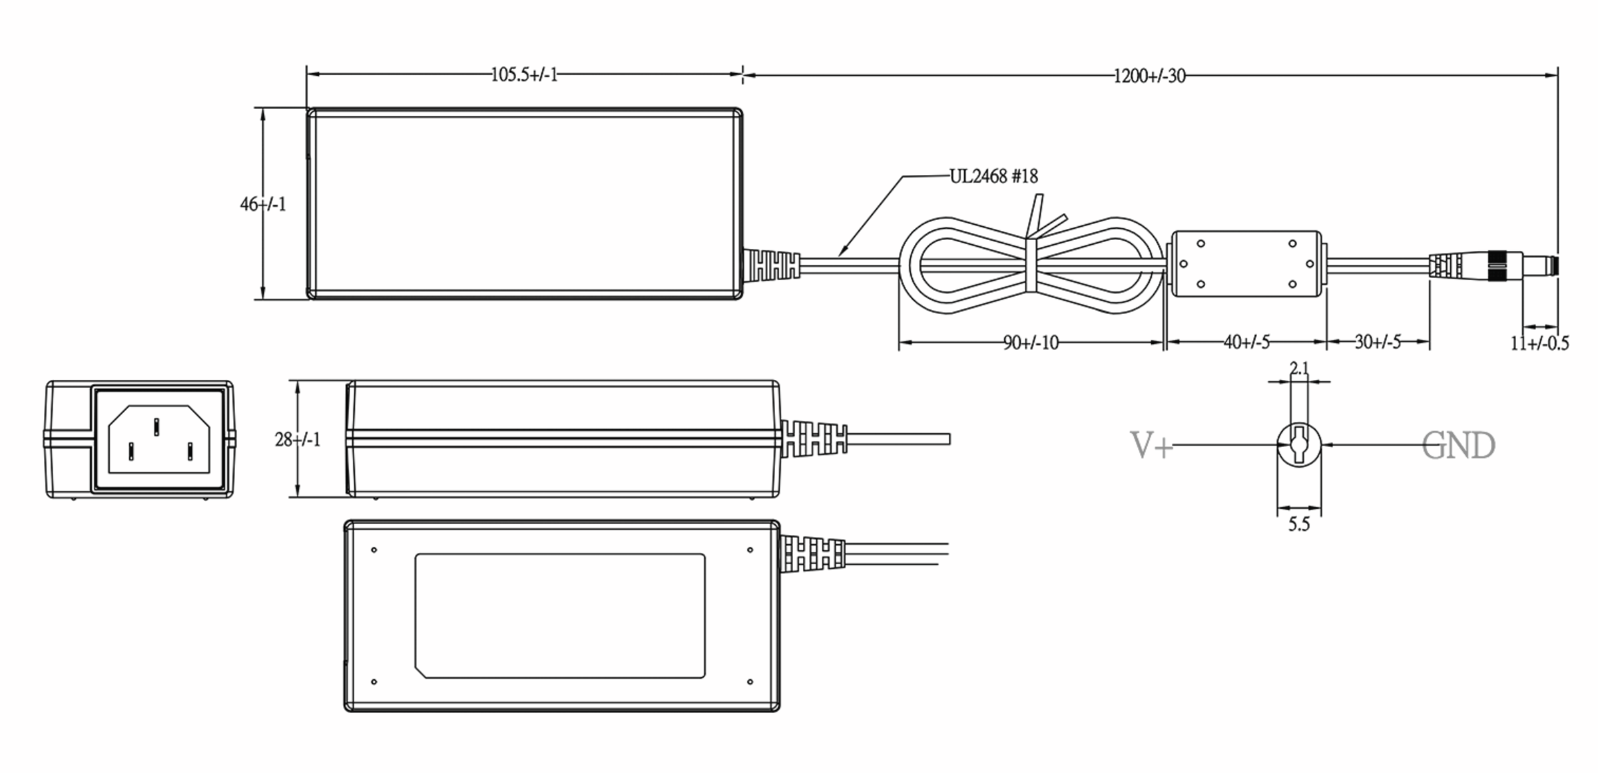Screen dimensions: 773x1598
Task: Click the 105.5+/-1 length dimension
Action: (524, 75)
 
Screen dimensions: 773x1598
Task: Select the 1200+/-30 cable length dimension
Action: (1149, 76)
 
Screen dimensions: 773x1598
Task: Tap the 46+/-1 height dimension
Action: (263, 204)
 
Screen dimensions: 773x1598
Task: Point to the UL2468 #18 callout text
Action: (993, 176)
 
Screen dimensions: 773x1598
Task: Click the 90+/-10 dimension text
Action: (1031, 343)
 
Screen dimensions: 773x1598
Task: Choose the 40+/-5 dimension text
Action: (1246, 342)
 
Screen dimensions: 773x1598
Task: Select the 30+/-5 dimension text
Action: (1378, 342)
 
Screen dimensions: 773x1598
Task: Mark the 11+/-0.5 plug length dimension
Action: (1539, 343)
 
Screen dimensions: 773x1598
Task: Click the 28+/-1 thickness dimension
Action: (298, 439)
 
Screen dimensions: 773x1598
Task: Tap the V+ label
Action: (1151, 445)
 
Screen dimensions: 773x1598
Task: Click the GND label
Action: (1458, 446)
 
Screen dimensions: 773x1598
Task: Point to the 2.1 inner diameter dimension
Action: (1299, 368)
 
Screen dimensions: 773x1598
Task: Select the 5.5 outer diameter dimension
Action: (1298, 524)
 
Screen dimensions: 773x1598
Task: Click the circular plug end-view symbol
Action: (1299, 444)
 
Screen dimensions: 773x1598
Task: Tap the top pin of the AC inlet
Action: (156, 426)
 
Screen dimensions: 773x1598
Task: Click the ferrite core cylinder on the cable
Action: (1246, 264)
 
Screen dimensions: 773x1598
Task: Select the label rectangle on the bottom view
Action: (559, 616)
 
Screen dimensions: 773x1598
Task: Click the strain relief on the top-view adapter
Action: (770, 265)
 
